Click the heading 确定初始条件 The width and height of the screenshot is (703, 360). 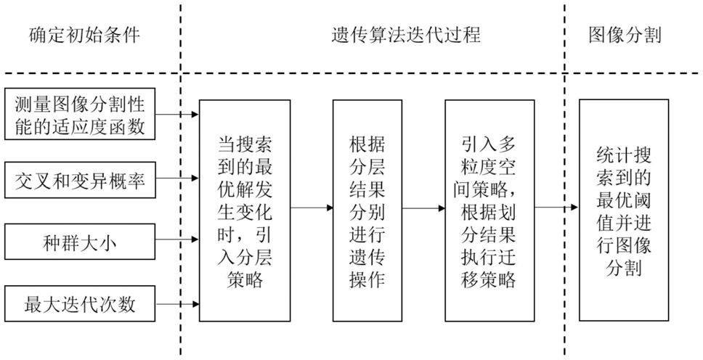[85, 35]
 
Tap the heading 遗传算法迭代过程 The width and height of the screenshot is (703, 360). [406, 35]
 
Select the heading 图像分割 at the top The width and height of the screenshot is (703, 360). [625, 35]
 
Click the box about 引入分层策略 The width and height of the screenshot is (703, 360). [245, 210]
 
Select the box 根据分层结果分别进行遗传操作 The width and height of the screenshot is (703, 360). [367, 210]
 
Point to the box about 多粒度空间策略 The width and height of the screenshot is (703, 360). [489, 210]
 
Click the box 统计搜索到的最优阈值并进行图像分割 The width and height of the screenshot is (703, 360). [624, 210]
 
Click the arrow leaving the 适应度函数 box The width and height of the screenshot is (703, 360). [177, 115]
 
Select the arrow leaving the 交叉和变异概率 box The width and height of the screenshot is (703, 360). [177, 179]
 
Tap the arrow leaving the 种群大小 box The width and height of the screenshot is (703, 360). [177, 240]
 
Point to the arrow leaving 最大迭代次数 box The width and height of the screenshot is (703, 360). [177, 304]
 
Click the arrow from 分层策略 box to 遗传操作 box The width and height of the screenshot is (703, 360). [312, 208]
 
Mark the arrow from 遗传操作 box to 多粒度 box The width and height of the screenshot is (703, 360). [423, 208]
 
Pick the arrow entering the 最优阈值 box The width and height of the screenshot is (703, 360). [556, 207]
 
